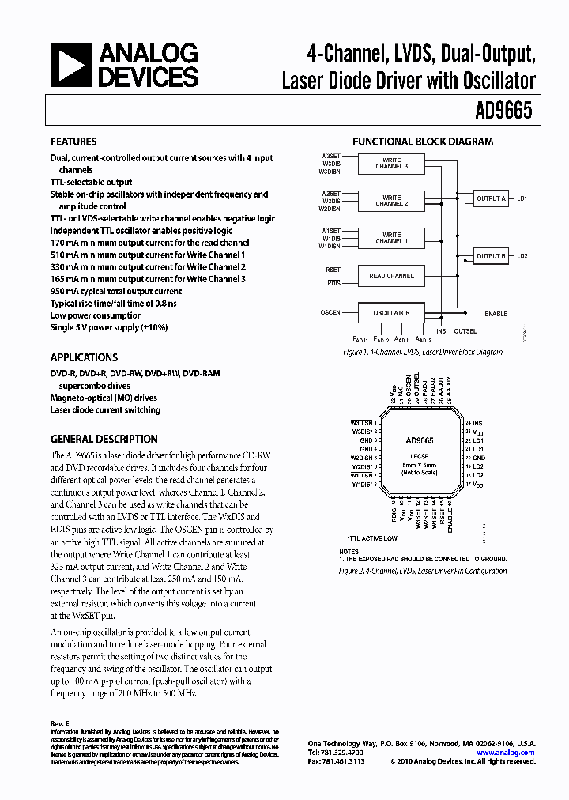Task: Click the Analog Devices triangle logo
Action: (x=73, y=66)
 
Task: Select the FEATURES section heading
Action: (x=73, y=142)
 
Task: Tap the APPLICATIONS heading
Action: (x=84, y=357)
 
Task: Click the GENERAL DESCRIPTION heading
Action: (x=104, y=439)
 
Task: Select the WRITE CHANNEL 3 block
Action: (x=392, y=164)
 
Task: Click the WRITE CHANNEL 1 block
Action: (x=392, y=238)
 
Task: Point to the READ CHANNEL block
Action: (x=392, y=276)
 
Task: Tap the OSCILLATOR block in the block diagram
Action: (x=392, y=312)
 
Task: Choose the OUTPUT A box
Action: (x=490, y=198)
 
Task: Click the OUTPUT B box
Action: (x=490, y=255)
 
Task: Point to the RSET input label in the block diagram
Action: (x=333, y=270)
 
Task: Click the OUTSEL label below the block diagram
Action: (x=465, y=331)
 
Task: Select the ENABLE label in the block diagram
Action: (x=496, y=314)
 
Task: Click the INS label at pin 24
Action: (x=477, y=425)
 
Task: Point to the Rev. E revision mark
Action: (x=60, y=723)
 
